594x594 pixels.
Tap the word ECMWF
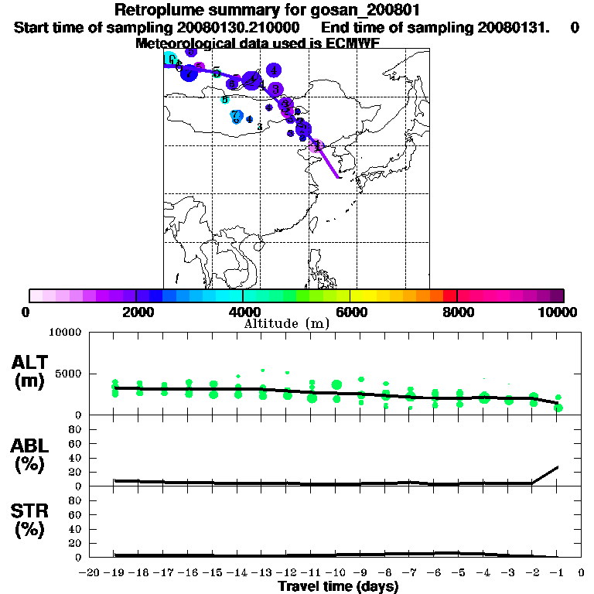pyautogui.click(x=351, y=43)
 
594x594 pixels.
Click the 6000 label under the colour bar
pyautogui.click(x=350, y=312)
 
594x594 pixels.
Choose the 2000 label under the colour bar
pyautogui.click(x=136, y=312)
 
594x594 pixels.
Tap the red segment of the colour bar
pyautogui.click(x=450, y=295)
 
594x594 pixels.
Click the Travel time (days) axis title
pyautogui.click(x=338, y=586)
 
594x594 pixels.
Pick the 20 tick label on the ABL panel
pyautogui.click(x=75, y=472)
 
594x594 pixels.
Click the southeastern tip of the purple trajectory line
pyautogui.click(x=338, y=177)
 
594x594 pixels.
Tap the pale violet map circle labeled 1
pyautogui.click(x=316, y=145)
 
